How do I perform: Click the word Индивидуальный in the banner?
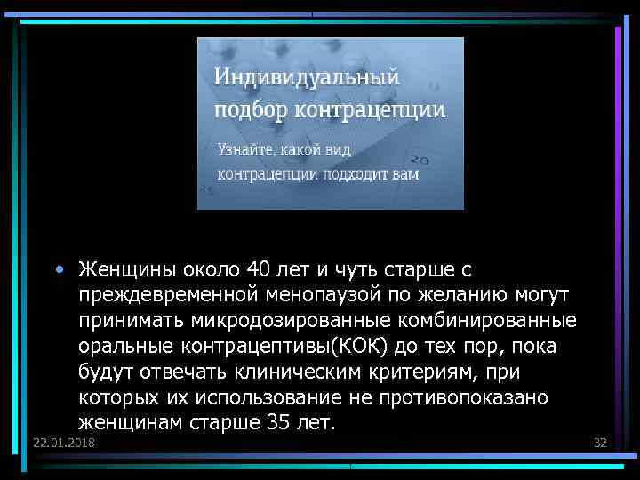coord(307,77)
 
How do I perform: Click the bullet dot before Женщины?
coord(59,268)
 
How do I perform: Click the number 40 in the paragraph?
coord(257,268)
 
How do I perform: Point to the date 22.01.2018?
coord(63,443)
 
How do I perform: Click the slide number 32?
coord(599,443)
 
